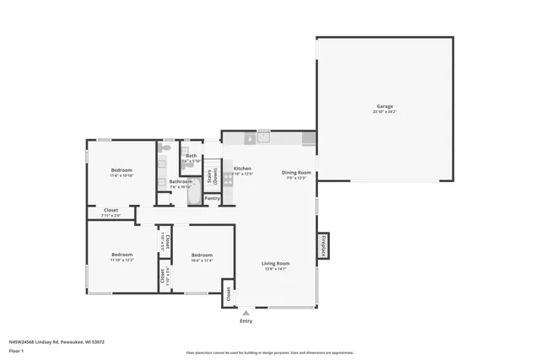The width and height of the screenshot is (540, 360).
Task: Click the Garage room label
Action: (x=384, y=106)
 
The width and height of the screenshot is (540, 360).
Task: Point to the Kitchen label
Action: (x=242, y=169)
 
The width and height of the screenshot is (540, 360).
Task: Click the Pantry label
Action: (x=212, y=198)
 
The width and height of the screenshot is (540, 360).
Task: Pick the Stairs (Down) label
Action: (x=214, y=176)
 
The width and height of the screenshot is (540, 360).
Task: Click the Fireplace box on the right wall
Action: (x=323, y=245)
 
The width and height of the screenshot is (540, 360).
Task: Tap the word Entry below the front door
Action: (x=246, y=321)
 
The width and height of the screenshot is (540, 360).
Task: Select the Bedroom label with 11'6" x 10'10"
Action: (x=121, y=170)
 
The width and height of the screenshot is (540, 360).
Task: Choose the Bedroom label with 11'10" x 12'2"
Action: (x=122, y=255)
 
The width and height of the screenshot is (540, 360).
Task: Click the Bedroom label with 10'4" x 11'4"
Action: (x=202, y=255)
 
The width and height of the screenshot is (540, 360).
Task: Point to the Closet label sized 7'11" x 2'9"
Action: (x=111, y=210)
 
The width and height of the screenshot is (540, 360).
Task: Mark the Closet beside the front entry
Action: (x=228, y=295)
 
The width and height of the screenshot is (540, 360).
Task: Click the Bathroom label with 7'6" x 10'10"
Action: (x=181, y=181)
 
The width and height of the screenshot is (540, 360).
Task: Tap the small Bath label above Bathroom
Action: (x=191, y=155)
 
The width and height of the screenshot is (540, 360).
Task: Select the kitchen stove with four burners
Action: (x=228, y=180)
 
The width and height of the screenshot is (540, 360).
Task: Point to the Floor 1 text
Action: (x=16, y=350)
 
